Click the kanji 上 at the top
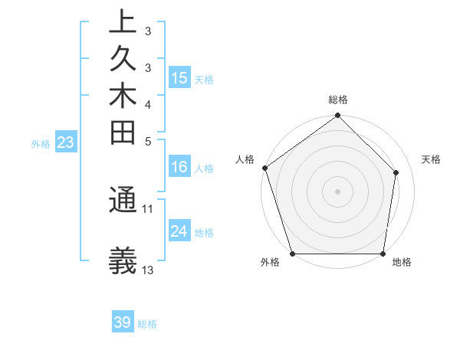click(x=123, y=23)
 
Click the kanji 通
click(x=123, y=201)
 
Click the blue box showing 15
click(x=179, y=77)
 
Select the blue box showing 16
click(x=179, y=167)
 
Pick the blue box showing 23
click(x=66, y=142)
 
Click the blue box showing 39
click(x=123, y=322)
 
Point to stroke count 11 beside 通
click(x=148, y=208)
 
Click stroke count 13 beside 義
click(x=148, y=270)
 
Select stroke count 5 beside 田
click(x=148, y=140)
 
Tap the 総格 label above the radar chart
click(x=338, y=100)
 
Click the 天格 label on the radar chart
click(x=431, y=159)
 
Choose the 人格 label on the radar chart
click(x=245, y=159)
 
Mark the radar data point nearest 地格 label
click(x=383, y=254)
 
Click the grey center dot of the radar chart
click(x=338, y=191)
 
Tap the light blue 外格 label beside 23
click(x=41, y=142)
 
